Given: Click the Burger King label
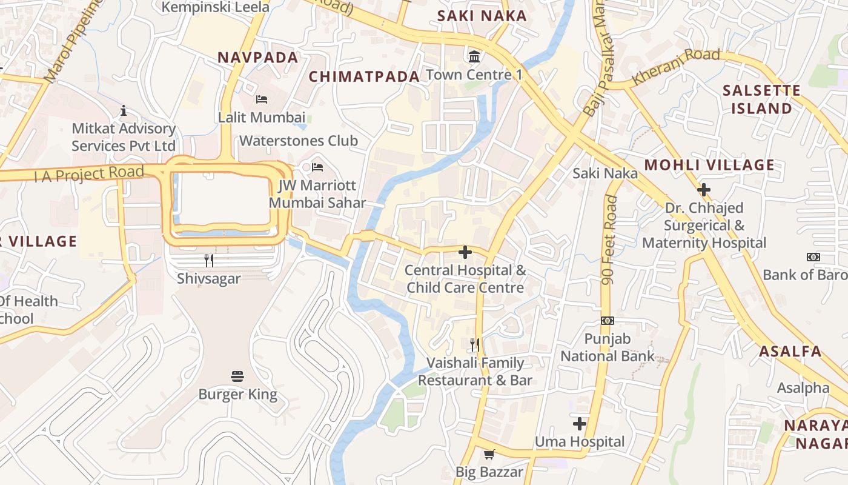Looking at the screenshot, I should pos(237,395).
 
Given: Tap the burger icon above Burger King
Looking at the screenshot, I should pos(237,376).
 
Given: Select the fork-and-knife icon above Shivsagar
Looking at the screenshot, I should pos(209,261).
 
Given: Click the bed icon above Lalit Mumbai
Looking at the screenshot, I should pos(262,99).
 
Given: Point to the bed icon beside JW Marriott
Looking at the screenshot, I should pos(317,167).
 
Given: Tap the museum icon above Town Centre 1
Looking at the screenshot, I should pos(474,57).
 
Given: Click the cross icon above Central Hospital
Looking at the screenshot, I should pos(465,252).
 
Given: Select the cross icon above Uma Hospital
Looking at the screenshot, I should pos(580,424).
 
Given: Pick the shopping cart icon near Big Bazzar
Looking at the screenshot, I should pos(489,454).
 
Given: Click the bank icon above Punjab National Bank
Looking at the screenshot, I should pos(607,320).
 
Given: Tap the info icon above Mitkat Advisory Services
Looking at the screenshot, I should pos(124,110).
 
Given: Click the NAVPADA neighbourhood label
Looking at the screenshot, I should pos(258,58).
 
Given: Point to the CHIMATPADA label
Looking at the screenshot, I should pos(364,76).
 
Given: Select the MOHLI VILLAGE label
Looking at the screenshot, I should pos(709,165).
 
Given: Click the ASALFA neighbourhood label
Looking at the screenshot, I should pos(790,352).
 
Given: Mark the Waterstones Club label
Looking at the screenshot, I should pos(299,141).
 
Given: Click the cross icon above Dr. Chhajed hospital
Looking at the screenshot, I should pos(704,190).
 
